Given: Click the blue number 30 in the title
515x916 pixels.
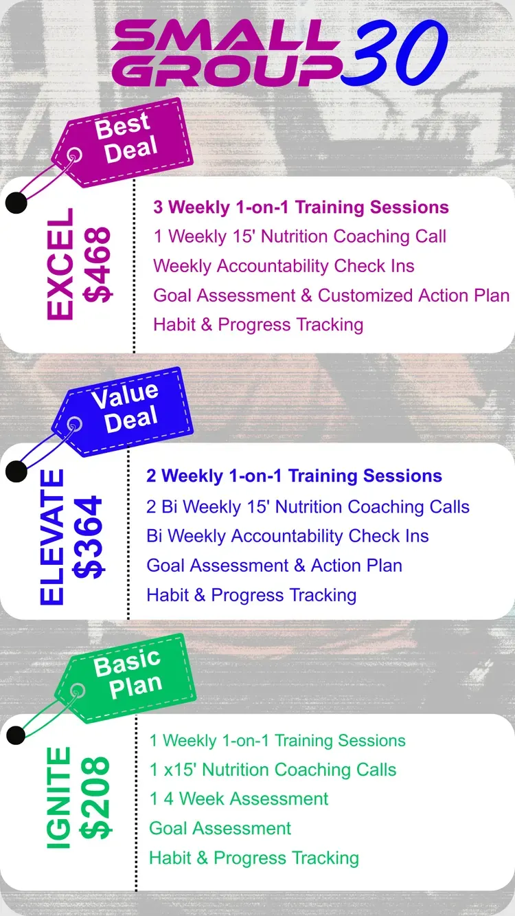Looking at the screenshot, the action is [394, 53].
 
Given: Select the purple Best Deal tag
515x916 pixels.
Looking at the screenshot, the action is [123, 142].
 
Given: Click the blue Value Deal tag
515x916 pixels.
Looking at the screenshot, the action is [123, 412].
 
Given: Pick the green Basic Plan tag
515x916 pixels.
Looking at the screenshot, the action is [126, 678].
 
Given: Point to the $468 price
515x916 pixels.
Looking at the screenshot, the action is [98, 265].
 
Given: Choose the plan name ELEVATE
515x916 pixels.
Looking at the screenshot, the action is [52, 537].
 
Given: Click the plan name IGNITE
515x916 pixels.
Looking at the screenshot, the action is [58, 798].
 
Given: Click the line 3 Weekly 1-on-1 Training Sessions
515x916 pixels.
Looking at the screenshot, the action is [301, 208].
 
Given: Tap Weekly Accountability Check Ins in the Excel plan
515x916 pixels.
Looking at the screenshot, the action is [284, 266].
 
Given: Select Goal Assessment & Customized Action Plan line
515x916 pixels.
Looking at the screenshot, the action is [331, 295].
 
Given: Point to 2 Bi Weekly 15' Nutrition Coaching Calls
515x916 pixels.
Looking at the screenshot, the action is [308, 507].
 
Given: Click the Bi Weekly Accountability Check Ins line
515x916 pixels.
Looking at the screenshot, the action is [287, 536].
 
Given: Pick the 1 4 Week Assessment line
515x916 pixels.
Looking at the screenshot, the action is [239, 798].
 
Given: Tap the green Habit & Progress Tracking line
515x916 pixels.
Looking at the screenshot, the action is [254, 858].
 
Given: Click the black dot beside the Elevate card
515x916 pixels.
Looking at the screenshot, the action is [16, 471].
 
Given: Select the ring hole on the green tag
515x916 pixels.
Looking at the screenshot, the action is [77, 691].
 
